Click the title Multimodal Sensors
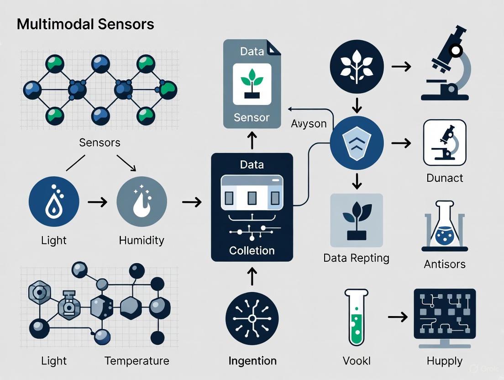click(85, 24)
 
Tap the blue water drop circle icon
click(54, 201)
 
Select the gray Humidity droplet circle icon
click(142, 201)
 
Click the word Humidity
click(142, 240)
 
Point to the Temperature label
click(136, 361)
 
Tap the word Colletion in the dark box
click(252, 251)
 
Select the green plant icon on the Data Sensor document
click(252, 83)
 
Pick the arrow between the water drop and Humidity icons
click(98, 201)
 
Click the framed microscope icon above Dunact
click(445, 142)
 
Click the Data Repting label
click(356, 258)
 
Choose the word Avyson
click(309, 124)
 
